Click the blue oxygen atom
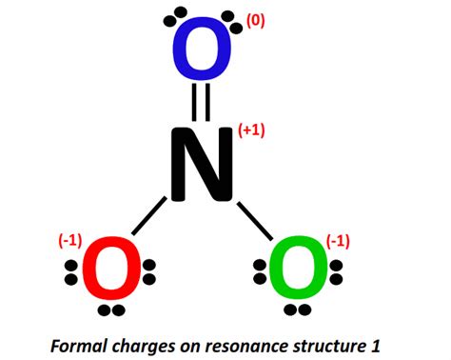201,51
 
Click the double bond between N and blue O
201,102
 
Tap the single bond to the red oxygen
149,216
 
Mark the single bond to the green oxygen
254,216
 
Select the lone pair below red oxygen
111,310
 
